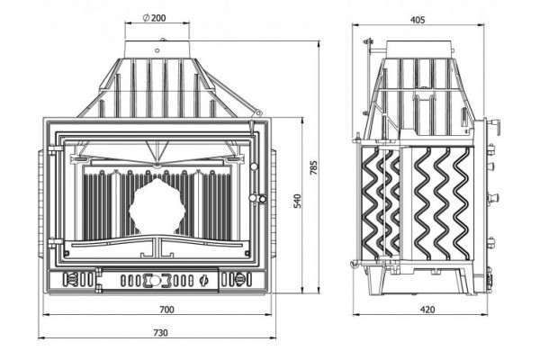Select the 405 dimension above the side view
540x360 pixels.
click(x=417, y=20)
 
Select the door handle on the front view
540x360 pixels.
click(x=258, y=197)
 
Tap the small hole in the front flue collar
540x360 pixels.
click(x=165, y=40)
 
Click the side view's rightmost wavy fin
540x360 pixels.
click(x=460, y=202)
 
